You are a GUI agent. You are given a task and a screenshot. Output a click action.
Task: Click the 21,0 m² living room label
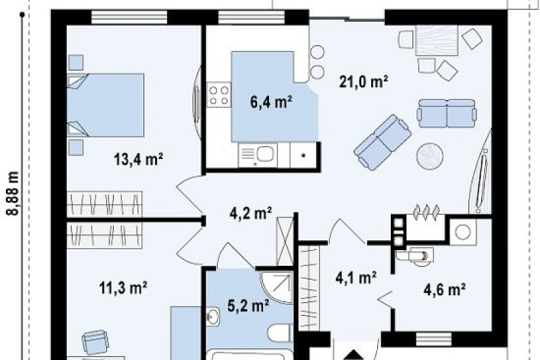364,82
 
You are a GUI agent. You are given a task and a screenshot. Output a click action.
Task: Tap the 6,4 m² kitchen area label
272,102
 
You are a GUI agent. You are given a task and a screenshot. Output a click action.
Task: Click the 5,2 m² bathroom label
248,305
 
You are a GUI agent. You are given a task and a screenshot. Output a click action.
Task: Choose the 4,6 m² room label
445,289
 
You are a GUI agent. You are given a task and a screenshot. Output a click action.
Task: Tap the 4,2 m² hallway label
251,213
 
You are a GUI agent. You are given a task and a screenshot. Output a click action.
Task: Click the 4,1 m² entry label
356,278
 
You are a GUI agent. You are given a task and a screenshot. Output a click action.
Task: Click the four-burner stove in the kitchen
219,95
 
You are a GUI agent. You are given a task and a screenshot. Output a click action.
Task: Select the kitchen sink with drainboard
258,155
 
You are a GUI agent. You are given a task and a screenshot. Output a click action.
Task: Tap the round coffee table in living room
429,156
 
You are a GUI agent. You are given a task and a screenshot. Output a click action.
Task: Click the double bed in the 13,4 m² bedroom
105,105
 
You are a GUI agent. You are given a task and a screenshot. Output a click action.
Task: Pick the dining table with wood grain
437,40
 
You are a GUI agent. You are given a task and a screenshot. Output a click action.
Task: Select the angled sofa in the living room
382,142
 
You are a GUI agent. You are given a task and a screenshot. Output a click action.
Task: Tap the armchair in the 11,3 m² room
96,342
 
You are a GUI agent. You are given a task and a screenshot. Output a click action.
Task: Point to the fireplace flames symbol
426,210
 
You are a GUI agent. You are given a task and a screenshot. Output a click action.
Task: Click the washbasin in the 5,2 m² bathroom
213,316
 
